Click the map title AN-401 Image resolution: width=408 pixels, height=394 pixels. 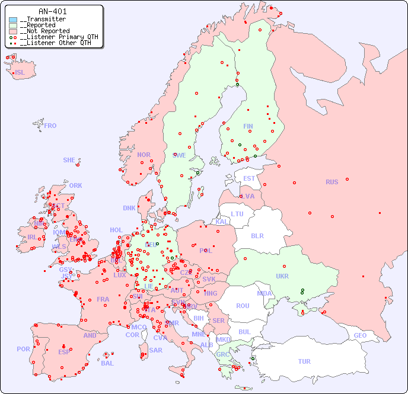click(52, 11)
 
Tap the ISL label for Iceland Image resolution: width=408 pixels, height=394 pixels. click(20, 73)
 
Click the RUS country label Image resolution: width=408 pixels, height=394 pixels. click(332, 182)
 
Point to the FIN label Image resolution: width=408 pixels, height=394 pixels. click(248, 126)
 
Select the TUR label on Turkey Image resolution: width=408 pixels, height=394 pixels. click(304, 361)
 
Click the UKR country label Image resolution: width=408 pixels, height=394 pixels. click(282, 276)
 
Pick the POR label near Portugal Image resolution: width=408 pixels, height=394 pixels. click(23, 349)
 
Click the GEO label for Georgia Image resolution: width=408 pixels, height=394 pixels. click(360, 335)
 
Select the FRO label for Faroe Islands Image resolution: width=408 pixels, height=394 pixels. click(50, 126)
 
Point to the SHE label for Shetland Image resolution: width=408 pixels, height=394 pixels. click(69, 160)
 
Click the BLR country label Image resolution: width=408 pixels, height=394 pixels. click(257, 235)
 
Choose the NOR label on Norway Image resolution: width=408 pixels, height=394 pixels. click(144, 155)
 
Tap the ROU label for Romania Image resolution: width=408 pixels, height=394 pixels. click(243, 306)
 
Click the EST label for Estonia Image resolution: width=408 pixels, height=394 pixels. click(249, 178)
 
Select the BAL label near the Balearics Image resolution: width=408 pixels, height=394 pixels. click(107, 363)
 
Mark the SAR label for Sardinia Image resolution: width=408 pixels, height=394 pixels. click(155, 350)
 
